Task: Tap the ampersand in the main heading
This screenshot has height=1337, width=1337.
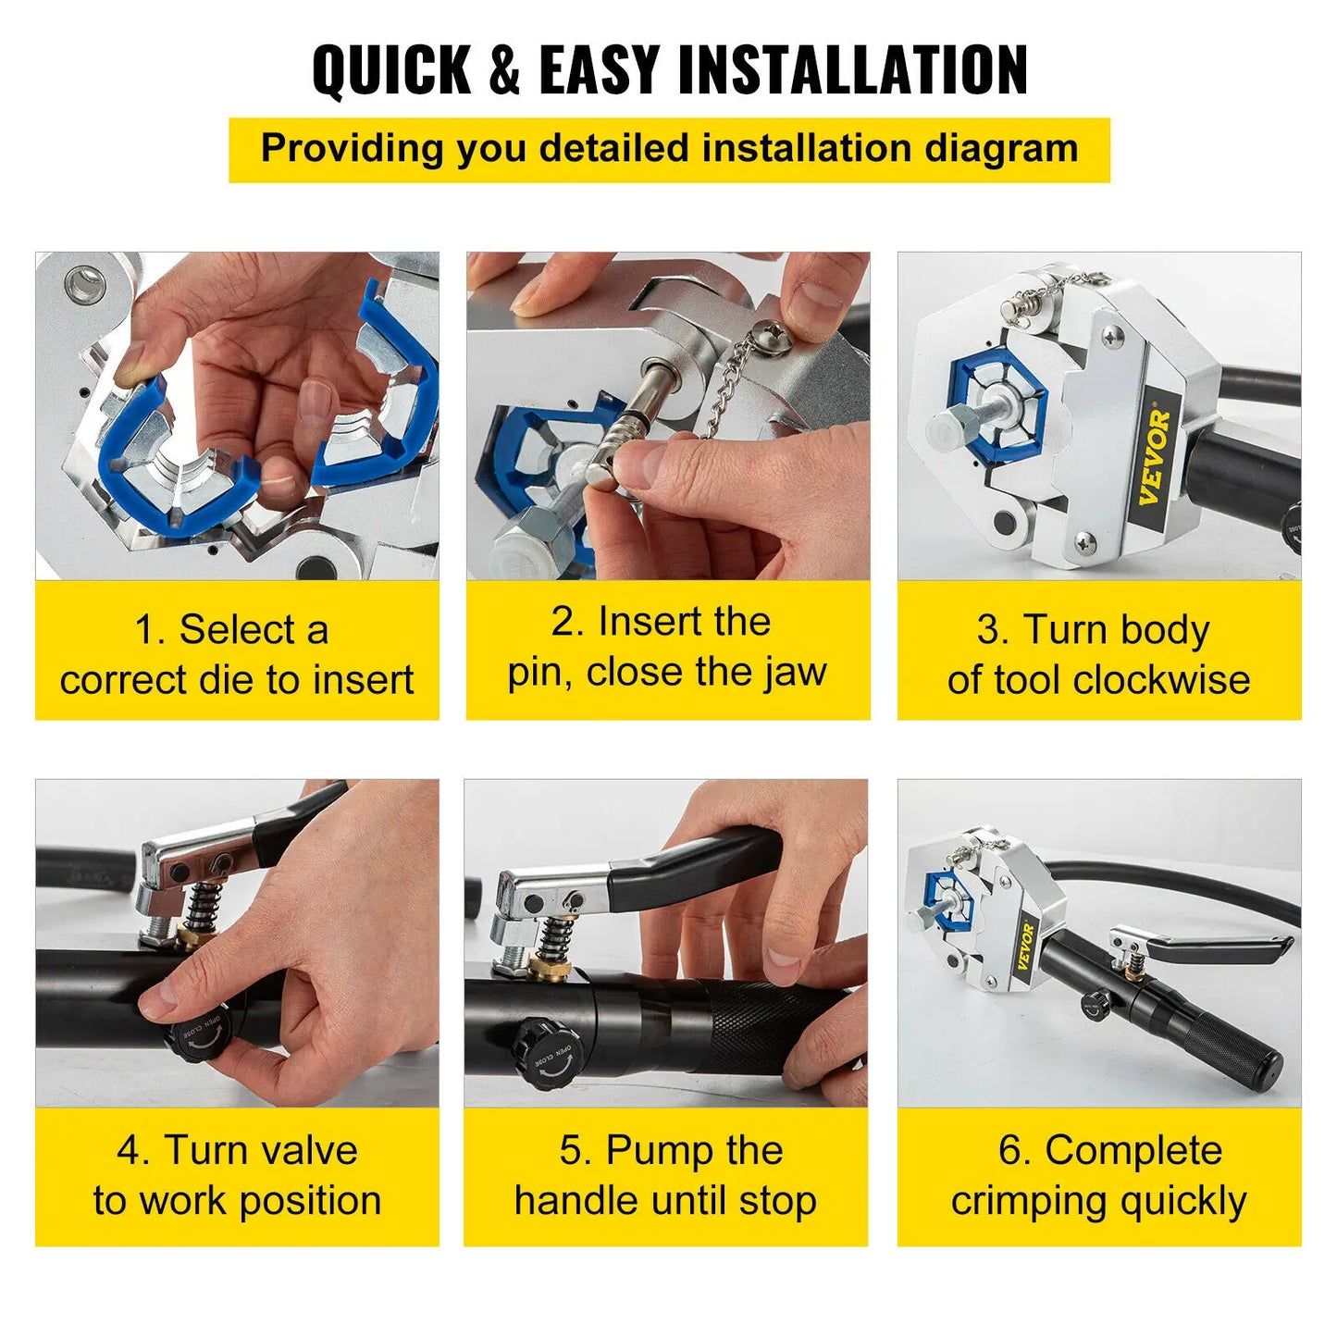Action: (x=504, y=70)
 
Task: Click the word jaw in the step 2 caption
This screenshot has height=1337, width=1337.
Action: (x=796, y=673)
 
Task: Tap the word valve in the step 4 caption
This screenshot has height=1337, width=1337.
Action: (x=309, y=1151)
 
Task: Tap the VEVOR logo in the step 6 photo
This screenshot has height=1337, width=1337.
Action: (x=1025, y=946)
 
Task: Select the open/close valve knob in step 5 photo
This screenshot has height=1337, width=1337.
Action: (x=545, y=1054)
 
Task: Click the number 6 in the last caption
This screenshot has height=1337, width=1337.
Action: (x=1011, y=1151)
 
